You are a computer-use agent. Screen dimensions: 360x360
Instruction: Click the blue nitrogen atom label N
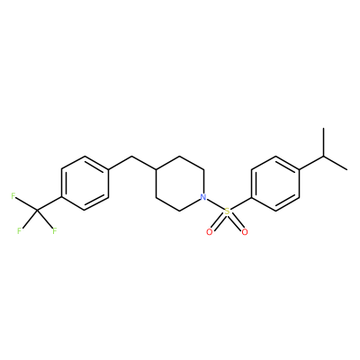(203, 197)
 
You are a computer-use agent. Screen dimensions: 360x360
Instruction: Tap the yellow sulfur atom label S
(228, 211)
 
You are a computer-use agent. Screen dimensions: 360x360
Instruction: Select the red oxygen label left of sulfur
(210, 231)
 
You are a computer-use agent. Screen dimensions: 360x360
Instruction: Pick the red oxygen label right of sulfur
(245, 231)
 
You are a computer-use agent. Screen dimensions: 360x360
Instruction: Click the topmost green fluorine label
(13, 196)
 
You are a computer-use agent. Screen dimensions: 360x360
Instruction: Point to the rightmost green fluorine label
(55, 231)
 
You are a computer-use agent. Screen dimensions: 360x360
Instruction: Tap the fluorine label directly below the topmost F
(19, 231)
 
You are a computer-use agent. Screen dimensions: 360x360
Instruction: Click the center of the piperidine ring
(180, 184)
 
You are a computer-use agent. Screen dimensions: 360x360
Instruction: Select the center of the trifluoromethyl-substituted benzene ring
(85, 184)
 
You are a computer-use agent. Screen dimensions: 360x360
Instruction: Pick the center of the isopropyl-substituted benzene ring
(275, 184)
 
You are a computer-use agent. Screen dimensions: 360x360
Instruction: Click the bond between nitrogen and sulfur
(215, 204)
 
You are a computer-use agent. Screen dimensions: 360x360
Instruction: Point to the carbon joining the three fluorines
(37, 211)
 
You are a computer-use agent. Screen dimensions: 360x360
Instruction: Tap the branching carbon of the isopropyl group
(323, 156)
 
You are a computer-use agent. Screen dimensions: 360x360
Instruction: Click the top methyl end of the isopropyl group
(323, 129)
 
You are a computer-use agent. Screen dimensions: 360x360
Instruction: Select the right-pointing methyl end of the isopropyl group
(347, 170)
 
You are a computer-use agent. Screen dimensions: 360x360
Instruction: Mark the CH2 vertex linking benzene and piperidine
(132, 156)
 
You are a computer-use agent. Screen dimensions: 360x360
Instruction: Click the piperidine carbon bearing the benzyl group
(156, 170)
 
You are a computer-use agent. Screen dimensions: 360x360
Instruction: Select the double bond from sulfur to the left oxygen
(218, 221)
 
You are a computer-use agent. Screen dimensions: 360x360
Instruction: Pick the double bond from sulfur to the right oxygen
(237, 221)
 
